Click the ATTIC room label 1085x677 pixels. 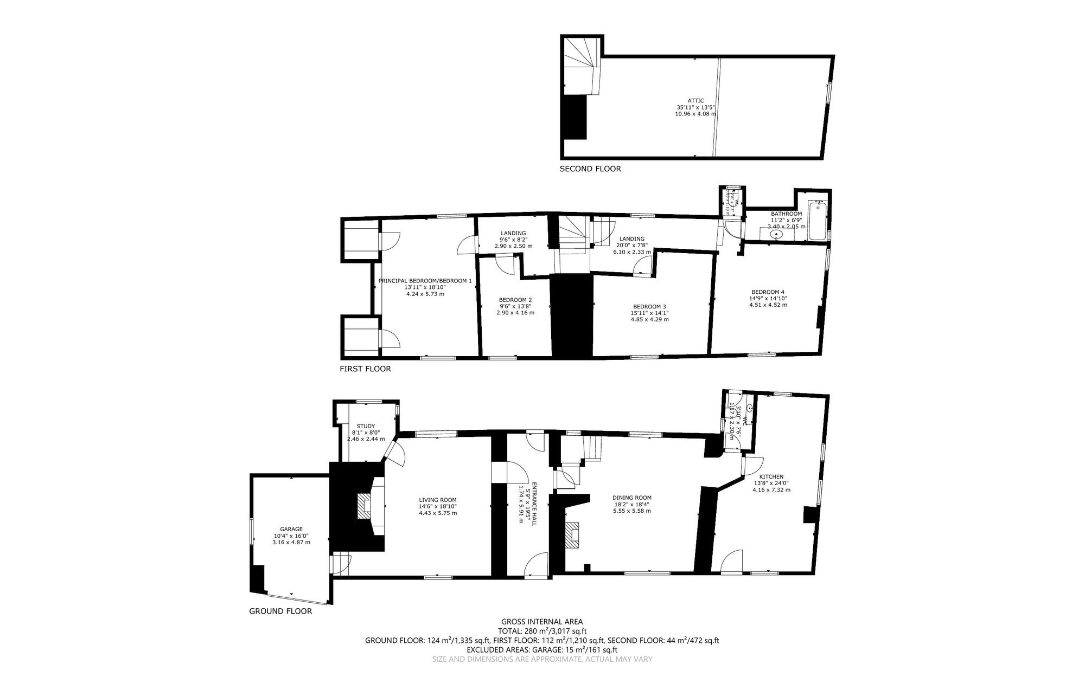coord(695,101)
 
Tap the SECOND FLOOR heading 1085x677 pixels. coord(590,169)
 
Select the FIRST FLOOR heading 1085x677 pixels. coord(365,369)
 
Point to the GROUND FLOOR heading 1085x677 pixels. coord(280,611)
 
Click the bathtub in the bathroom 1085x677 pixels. coord(816,221)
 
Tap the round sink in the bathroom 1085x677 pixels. coord(777,235)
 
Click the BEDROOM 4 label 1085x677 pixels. coord(768,291)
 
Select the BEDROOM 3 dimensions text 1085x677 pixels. coord(649,316)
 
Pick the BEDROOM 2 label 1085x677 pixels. coord(515,300)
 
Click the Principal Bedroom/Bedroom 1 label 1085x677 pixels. coord(425,281)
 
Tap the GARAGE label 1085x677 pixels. coord(291,529)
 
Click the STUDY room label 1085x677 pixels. coord(366,426)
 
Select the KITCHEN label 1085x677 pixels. coord(771,476)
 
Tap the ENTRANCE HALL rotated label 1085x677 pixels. coord(534,504)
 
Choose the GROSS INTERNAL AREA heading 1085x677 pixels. coord(542,622)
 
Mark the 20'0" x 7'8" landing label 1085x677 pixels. coord(631,245)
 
